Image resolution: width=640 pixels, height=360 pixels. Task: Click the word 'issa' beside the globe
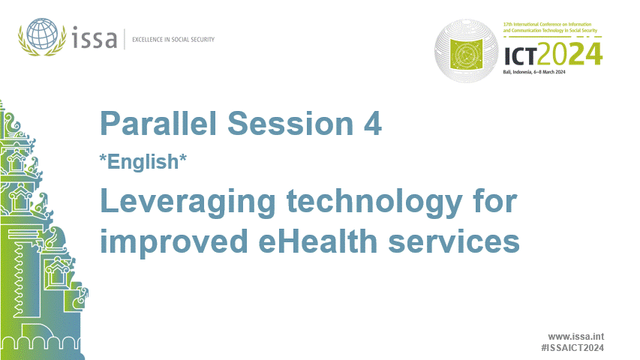tap(95, 37)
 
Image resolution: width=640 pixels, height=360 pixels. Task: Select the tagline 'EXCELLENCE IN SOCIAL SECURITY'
tap(173, 39)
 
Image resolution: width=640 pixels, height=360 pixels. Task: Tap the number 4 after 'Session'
tap(372, 124)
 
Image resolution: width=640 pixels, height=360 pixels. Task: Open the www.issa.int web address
tap(575, 336)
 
